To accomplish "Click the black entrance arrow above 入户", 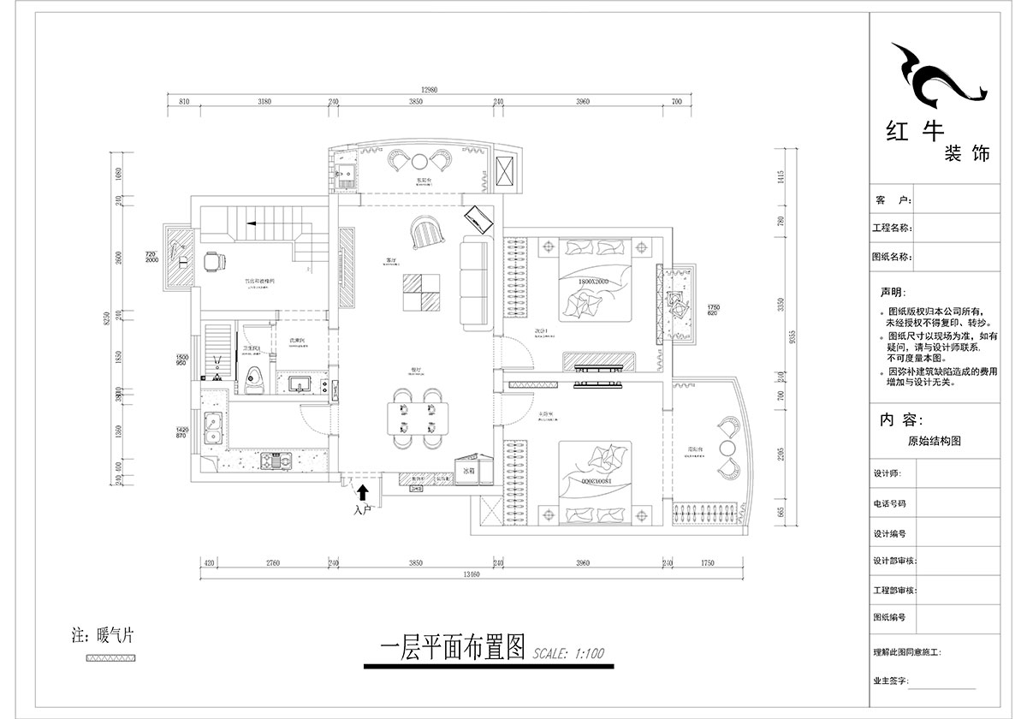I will coord(363,492).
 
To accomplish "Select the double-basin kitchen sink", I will coord(212,428).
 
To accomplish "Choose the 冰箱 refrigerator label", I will coord(468,470).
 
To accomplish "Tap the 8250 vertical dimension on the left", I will coord(107,319).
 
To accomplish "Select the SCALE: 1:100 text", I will coord(567,653).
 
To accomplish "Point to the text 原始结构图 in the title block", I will coord(935,442).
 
